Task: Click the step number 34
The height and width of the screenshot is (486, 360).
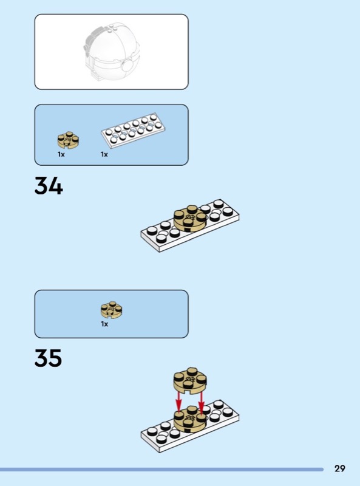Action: (x=49, y=186)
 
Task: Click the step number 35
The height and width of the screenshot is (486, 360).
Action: (x=49, y=358)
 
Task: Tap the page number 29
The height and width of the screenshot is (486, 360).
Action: (x=339, y=468)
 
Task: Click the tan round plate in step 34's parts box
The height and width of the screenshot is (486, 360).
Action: (x=68, y=140)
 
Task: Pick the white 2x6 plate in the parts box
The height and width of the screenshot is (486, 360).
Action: (x=133, y=131)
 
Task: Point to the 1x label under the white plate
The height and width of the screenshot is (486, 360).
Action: (x=104, y=154)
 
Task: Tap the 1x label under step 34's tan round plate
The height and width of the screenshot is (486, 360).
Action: (x=61, y=154)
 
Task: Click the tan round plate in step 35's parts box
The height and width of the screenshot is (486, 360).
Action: (x=112, y=310)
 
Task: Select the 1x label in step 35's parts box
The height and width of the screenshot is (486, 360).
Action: (x=104, y=324)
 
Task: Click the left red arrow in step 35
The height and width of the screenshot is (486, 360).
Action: (x=178, y=402)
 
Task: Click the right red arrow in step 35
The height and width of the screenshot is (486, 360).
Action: (x=202, y=403)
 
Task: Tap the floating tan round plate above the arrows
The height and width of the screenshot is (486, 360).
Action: (x=190, y=381)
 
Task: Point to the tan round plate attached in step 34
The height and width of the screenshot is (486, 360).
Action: (x=190, y=218)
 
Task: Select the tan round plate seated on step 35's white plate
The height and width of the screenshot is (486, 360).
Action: (x=190, y=419)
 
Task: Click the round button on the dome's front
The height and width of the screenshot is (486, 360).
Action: (x=127, y=66)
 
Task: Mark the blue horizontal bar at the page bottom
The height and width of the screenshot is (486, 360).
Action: (x=161, y=470)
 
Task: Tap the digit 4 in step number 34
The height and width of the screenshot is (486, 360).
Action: (x=56, y=186)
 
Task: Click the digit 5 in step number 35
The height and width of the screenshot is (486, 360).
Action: (x=56, y=358)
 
